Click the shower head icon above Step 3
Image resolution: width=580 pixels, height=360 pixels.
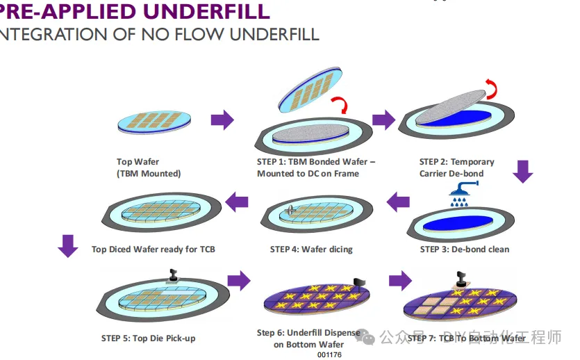pos(461,190)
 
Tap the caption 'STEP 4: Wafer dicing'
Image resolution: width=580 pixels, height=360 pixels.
pos(311,249)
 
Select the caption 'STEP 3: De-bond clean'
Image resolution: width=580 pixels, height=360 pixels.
pos(465,249)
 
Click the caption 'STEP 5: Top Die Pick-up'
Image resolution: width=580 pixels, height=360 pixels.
pos(148,338)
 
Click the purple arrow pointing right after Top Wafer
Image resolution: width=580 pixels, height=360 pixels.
pos(222,120)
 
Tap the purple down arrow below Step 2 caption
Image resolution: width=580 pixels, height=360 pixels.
pos(522,170)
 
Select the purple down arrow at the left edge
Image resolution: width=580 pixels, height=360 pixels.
pos(67,245)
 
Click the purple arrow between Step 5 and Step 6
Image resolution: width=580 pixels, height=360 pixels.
pos(238,281)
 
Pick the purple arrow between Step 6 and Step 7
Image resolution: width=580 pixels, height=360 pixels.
pos(399,281)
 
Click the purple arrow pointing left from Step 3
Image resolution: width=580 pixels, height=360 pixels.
pos(398,202)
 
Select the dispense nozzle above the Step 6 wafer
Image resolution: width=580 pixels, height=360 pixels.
pos(358,281)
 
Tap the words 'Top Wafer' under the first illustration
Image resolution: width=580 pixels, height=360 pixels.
pos(138,162)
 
